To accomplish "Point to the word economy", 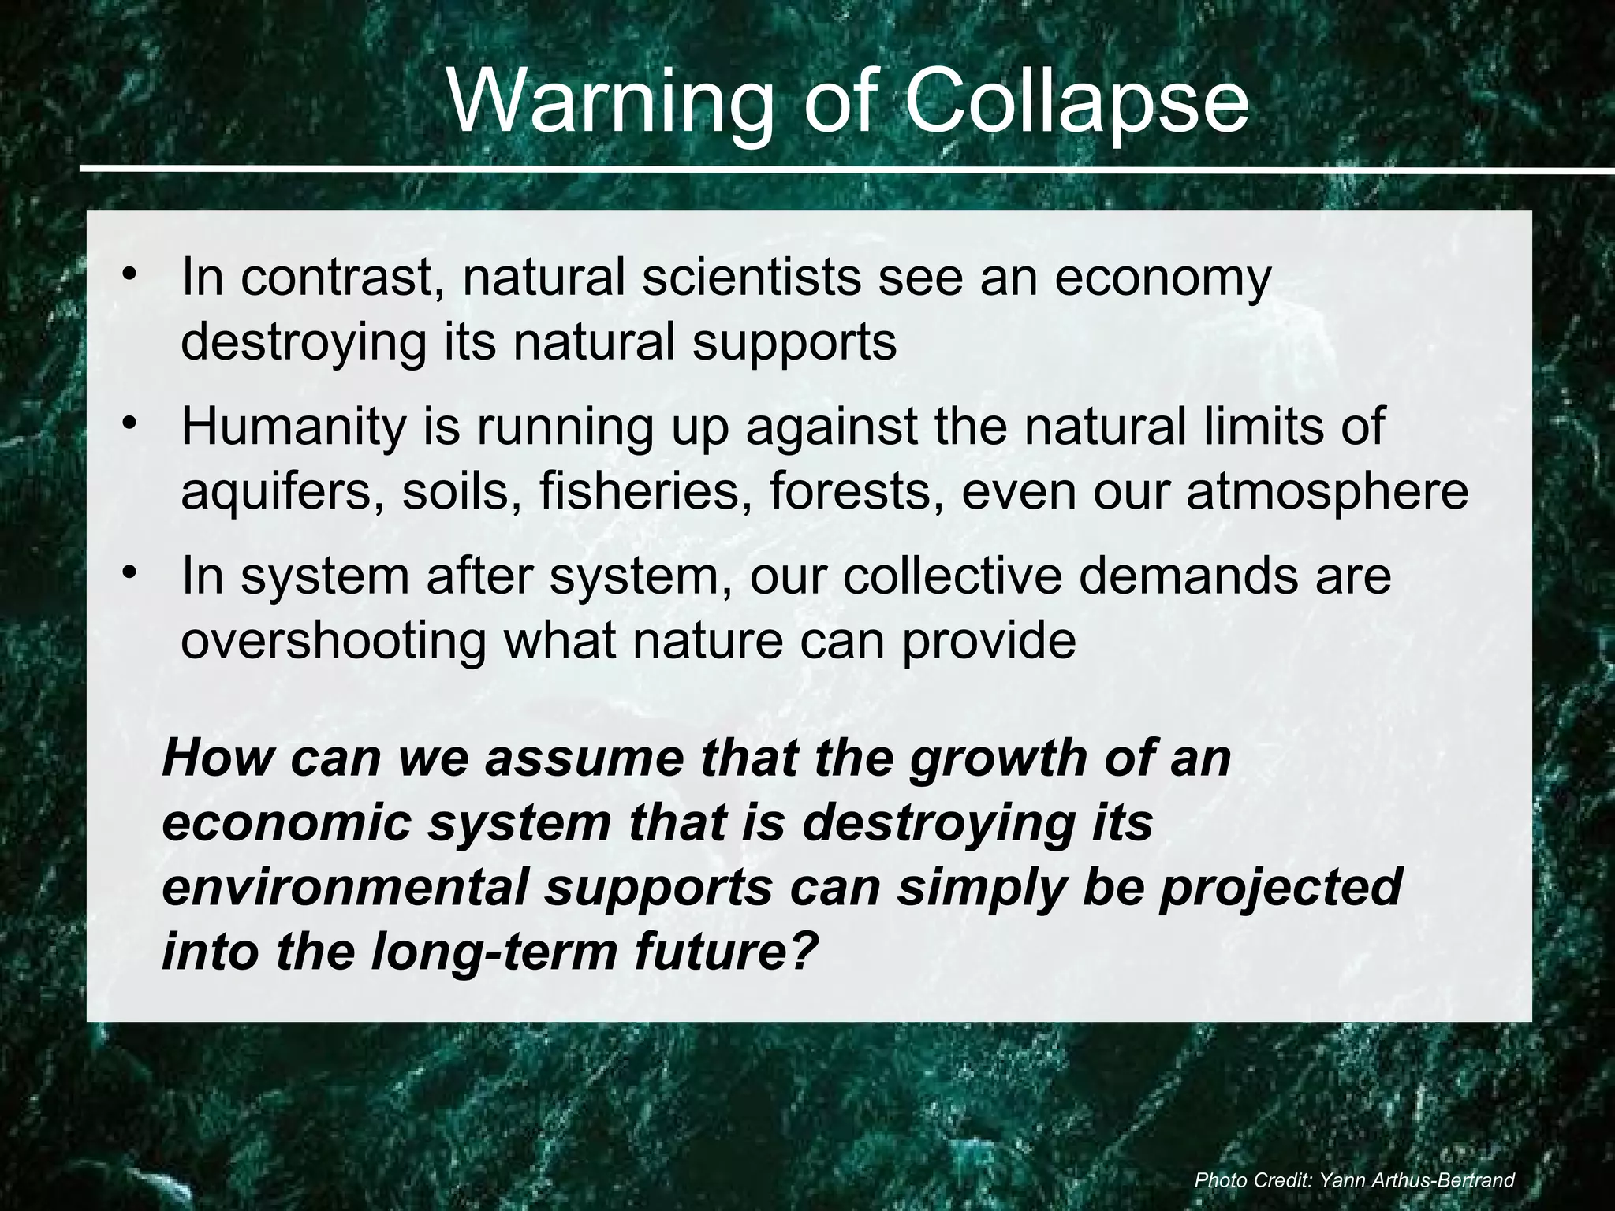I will click(1163, 279).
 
